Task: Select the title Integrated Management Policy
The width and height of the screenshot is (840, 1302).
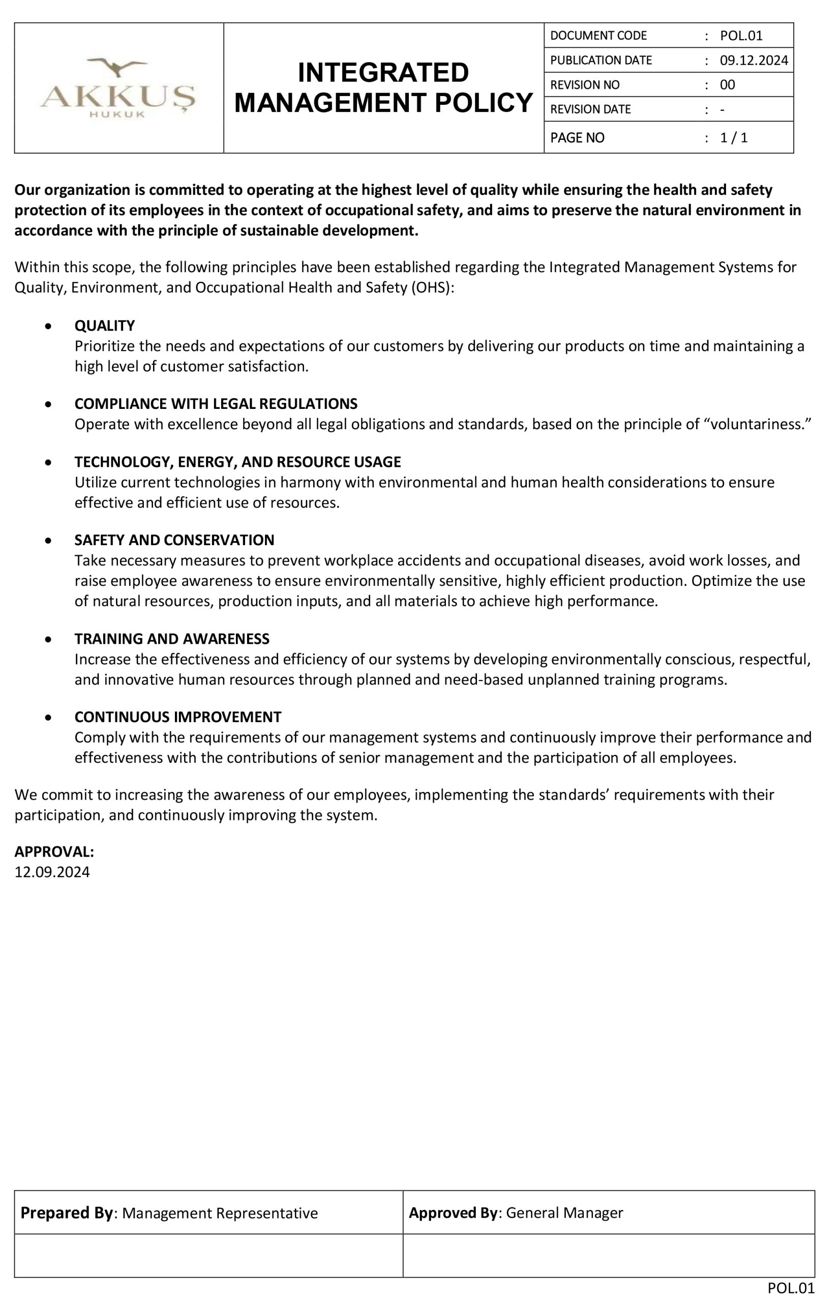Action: point(383,88)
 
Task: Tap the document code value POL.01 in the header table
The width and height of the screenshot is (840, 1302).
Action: point(741,36)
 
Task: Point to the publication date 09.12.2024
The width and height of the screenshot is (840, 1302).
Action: point(754,61)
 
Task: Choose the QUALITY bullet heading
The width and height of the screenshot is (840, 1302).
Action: point(105,325)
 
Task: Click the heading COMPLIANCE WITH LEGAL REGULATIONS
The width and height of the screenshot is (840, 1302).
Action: point(216,404)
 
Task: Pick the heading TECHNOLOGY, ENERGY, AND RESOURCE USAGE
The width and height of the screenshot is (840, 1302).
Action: point(238,462)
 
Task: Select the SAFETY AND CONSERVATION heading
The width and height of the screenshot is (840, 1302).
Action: point(174,540)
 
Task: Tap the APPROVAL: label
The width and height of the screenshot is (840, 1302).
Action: point(54,852)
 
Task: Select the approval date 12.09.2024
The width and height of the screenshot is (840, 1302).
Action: point(52,872)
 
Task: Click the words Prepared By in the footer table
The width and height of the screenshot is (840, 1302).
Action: point(67,1213)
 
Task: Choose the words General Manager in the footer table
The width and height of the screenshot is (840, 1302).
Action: point(564,1213)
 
